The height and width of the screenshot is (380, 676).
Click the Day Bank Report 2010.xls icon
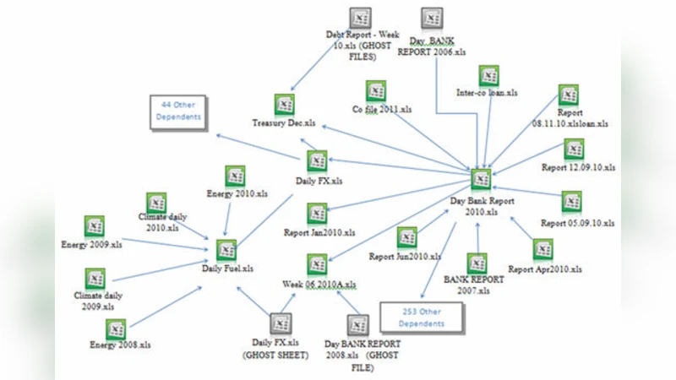(480, 180)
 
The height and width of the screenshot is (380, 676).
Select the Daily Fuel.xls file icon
(226, 250)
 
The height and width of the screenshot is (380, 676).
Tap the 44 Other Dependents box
(179, 111)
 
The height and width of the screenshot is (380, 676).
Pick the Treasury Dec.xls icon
(285, 104)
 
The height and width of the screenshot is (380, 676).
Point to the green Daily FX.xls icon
(317, 161)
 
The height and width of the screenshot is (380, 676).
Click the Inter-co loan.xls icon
(488, 76)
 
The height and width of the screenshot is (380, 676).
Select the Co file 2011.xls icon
(377, 90)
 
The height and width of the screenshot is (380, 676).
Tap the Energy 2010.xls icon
(235, 176)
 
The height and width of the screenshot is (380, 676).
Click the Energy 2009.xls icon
(94, 225)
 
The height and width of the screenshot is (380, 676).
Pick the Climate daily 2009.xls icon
(95, 279)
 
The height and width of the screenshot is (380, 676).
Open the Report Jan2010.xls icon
(317, 213)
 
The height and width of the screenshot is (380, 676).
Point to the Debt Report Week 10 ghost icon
(360, 16)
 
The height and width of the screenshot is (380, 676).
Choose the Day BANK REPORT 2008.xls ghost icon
(357, 323)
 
